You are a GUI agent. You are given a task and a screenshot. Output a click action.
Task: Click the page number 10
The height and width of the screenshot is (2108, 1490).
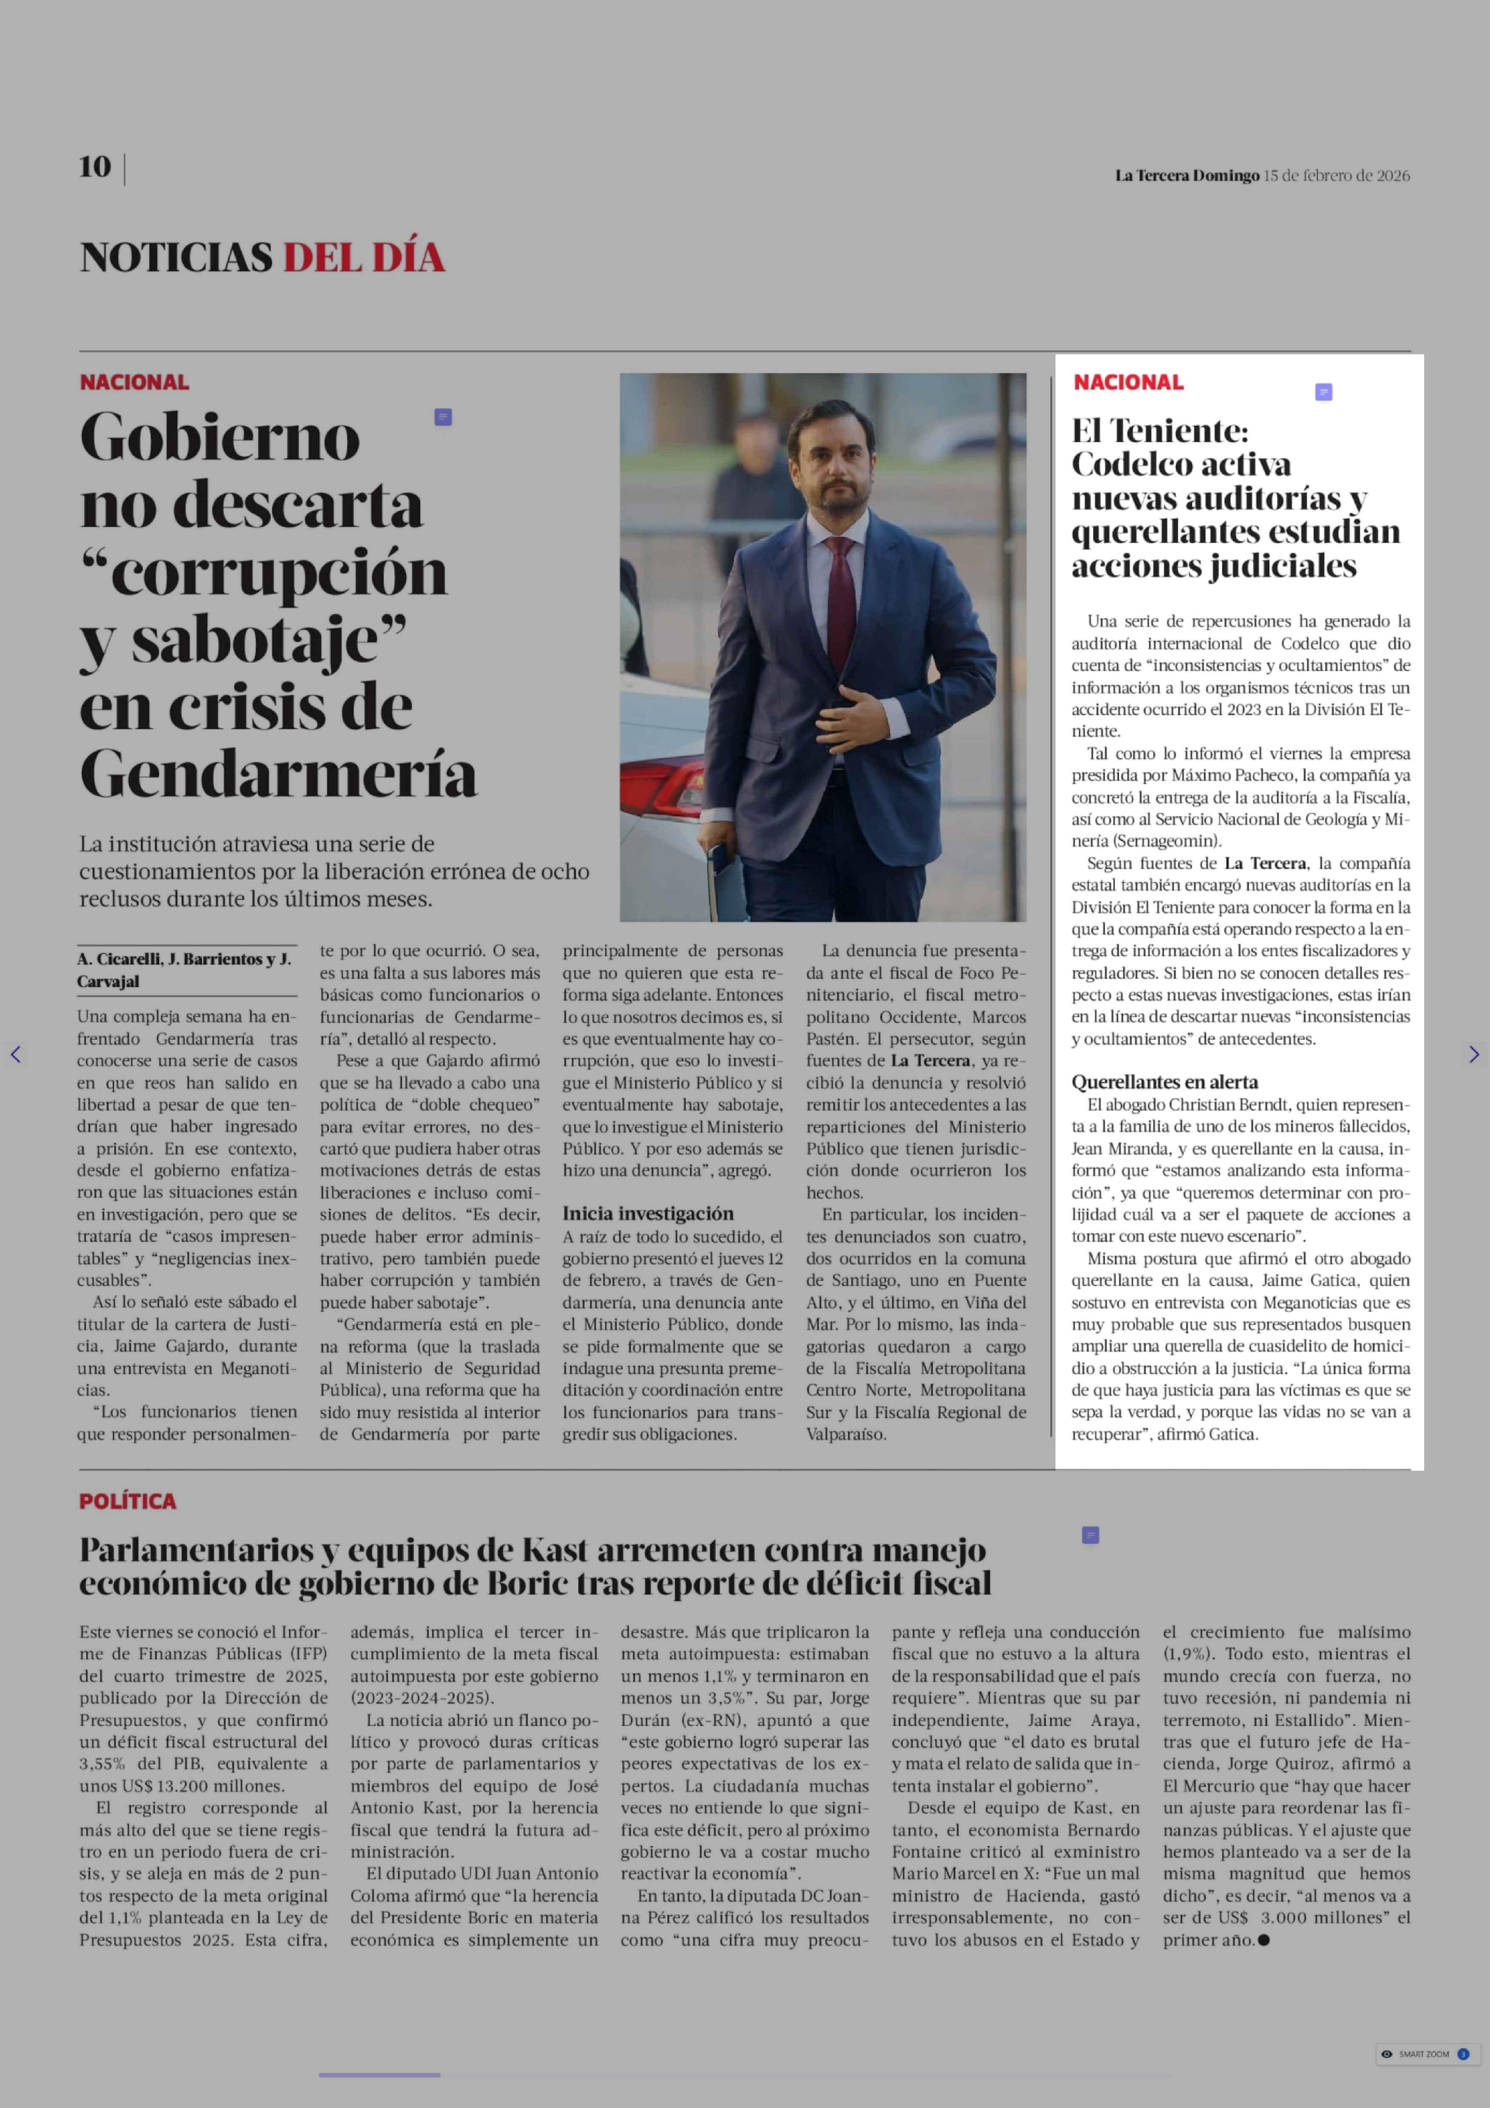95,167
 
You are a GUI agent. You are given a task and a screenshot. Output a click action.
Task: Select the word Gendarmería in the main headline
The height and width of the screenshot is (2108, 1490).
278,774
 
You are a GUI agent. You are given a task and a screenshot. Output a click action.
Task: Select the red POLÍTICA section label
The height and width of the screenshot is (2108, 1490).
127,1501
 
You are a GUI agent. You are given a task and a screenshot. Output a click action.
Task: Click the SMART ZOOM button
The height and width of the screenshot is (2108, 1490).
1423,2054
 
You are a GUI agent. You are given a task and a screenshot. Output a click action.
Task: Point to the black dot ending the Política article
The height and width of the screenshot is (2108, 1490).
1264,1940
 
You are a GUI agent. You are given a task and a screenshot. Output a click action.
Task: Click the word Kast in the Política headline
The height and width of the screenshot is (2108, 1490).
555,1551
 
